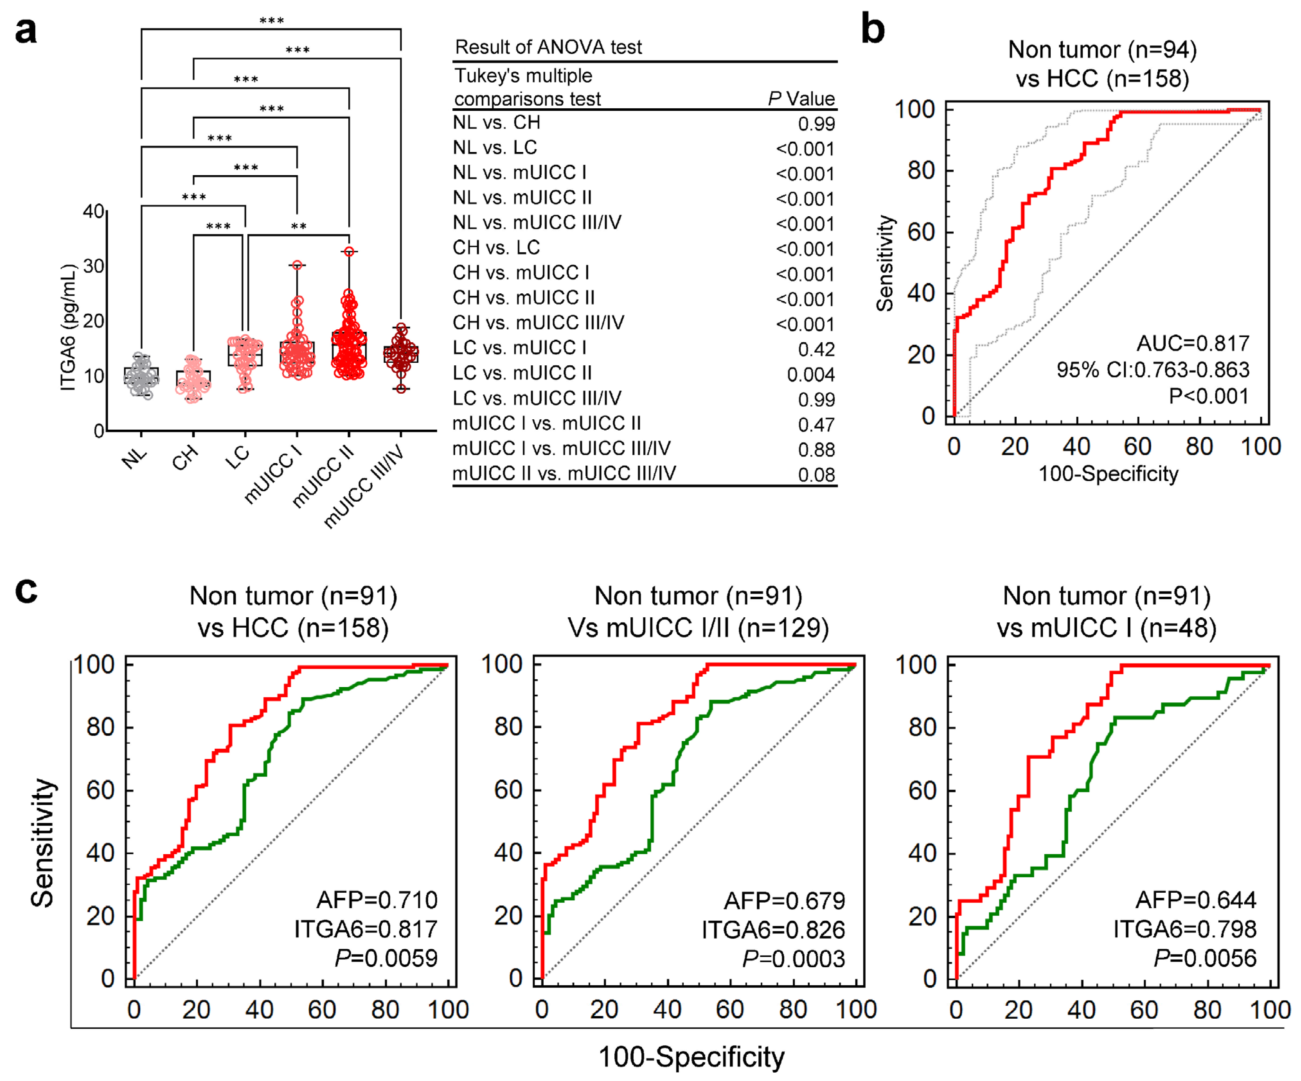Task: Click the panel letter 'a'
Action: [26, 31]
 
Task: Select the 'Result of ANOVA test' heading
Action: [548, 47]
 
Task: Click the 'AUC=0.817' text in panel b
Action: [1193, 343]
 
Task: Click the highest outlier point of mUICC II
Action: [349, 252]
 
